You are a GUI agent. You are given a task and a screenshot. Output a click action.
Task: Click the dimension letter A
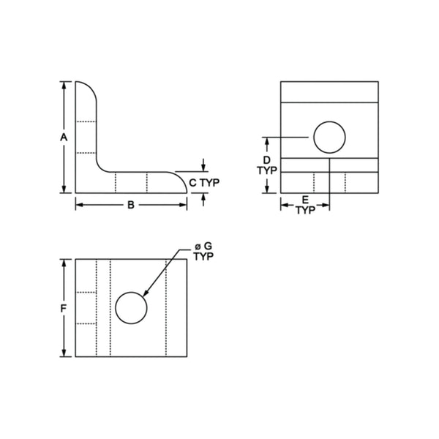[64, 138]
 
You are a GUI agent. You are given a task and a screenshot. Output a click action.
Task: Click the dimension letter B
[131, 205]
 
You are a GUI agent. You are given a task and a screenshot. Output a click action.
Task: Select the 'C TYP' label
[205, 181]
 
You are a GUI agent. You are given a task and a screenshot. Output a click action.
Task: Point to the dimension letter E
[305, 199]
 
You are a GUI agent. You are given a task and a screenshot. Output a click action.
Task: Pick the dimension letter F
[64, 308]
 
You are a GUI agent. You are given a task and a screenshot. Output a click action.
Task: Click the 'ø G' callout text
[203, 248]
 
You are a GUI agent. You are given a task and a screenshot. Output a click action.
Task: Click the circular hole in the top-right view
[329, 137]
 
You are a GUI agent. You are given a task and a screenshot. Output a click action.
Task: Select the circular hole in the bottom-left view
[132, 308]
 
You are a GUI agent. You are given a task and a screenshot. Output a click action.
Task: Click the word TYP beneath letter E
[305, 209]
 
